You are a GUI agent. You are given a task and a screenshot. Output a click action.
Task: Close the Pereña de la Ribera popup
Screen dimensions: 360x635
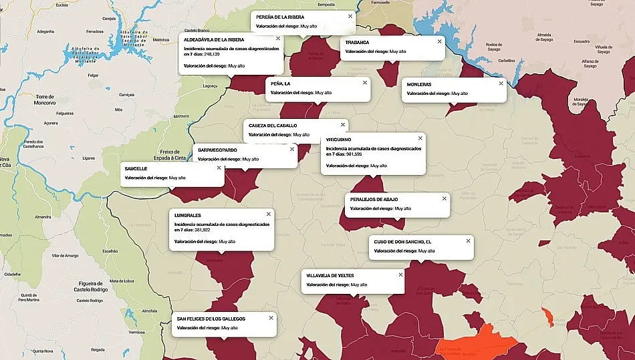pos(350,15)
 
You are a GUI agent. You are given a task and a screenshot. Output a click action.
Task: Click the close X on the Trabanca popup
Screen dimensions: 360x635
pos(439,41)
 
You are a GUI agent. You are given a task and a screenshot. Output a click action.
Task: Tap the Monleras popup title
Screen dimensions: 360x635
pos(419,84)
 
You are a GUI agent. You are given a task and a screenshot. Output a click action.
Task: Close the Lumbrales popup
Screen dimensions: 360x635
pos(269,214)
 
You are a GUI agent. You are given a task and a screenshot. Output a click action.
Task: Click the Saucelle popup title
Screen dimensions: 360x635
pos(136,168)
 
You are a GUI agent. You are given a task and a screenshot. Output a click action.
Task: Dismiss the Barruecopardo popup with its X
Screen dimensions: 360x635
pos(292,149)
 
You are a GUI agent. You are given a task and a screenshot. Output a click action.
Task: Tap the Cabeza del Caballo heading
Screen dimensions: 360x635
pos(273,125)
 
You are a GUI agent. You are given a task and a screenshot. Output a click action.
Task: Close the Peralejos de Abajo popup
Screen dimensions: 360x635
pos(443,198)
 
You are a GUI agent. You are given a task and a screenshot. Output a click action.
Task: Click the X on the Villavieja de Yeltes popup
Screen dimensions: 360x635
pos(400,275)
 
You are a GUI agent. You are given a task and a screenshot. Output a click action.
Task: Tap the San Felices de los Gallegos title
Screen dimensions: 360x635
pos(211,319)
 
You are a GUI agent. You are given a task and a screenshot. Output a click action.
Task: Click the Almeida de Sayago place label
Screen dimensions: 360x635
pos(543,37)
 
